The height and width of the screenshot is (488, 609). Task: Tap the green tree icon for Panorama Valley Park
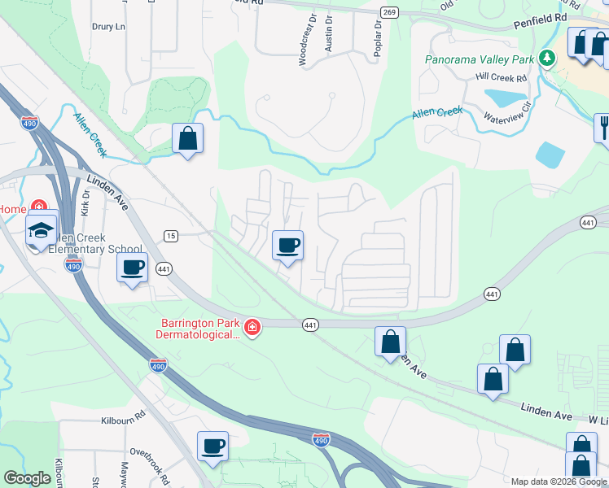[549, 58]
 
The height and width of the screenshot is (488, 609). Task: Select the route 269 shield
[389, 11]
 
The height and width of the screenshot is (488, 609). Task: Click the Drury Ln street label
[109, 27]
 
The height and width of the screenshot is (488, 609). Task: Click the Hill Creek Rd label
[502, 77]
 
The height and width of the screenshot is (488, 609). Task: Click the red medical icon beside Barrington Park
[252, 329]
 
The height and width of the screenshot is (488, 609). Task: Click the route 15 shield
[170, 236]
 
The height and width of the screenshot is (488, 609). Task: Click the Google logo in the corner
[27, 478]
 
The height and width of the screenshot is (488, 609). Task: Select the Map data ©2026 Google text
[559, 481]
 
